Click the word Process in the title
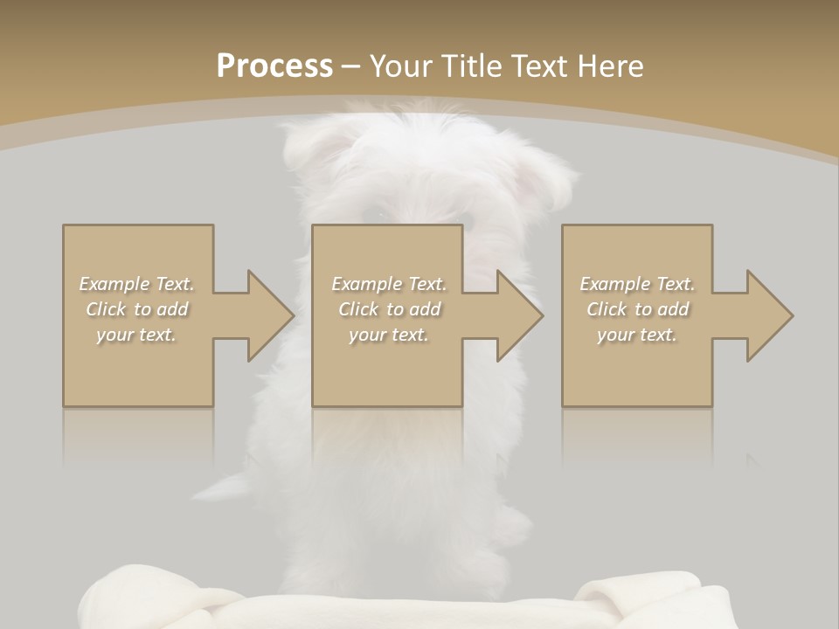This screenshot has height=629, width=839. (x=274, y=66)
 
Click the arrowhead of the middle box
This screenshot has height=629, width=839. (x=518, y=315)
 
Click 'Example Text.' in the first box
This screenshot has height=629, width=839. (x=137, y=284)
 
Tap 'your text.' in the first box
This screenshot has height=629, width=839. (x=136, y=335)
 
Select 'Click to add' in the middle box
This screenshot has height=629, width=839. (x=389, y=309)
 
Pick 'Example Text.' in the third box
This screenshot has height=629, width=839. (x=638, y=284)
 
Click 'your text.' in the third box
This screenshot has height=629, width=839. (x=637, y=335)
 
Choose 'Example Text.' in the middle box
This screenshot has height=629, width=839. (x=389, y=284)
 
